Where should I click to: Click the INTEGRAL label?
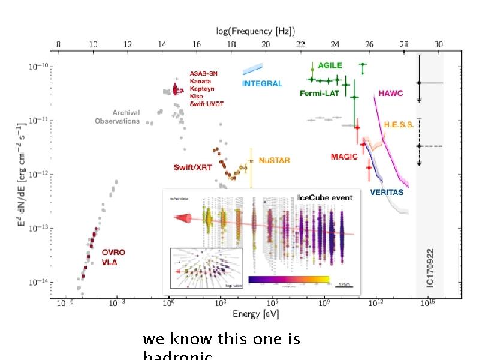click(x=262, y=83)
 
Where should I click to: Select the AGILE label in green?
click(x=330, y=65)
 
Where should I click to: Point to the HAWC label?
click(x=391, y=94)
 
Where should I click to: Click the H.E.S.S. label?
click(x=399, y=124)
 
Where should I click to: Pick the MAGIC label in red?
click(x=344, y=157)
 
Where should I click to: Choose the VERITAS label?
click(x=387, y=193)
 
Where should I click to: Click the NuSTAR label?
click(x=274, y=161)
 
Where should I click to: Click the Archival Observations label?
click(x=118, y=116)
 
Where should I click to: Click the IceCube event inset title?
click(x=325, y=197)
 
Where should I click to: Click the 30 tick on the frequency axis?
click(x=439, y=45)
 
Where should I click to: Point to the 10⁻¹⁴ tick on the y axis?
click(x=38, y=282)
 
